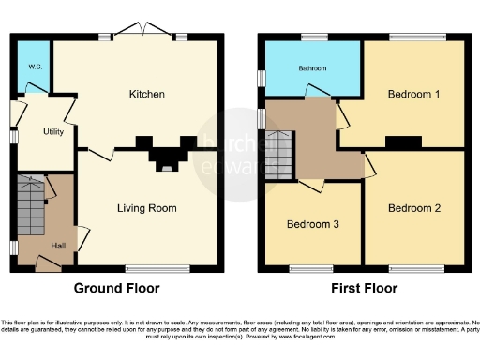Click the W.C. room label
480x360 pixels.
point(32,67)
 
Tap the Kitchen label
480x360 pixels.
point(146,95)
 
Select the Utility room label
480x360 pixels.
point(53,132)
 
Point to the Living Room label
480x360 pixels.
point(146,207)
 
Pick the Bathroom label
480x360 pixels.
point(312,68)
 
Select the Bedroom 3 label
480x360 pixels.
point(312,225)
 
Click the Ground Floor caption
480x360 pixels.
point(117,289)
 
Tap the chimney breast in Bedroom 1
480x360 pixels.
point(403,142)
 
